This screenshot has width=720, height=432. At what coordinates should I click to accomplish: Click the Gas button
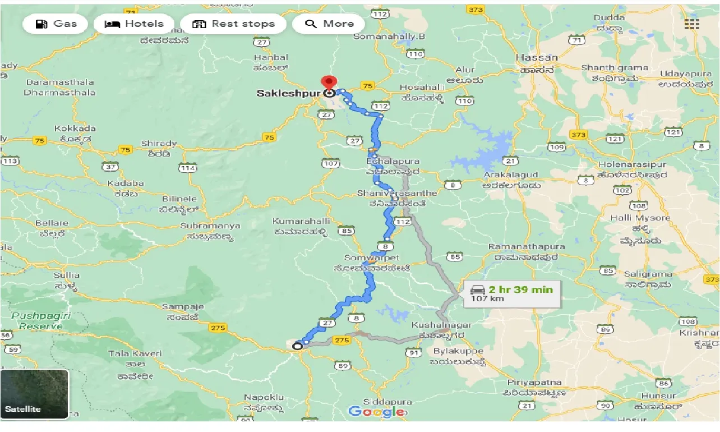click(x=56, y=24)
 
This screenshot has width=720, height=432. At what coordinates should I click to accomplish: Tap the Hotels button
click(x=134, y=24)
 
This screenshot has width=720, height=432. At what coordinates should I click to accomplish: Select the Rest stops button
click(x=233, y=24)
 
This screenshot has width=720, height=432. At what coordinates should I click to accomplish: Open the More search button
click(x=329, y=24)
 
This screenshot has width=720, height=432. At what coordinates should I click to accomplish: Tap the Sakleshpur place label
click(x=288, y=94)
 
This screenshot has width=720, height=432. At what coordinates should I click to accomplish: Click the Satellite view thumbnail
click(x=35, y=394)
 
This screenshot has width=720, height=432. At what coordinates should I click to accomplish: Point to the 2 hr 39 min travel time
click(x=520, y=289)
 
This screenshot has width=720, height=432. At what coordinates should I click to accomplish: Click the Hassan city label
click(x=537, y=58)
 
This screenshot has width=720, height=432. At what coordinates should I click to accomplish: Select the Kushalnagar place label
click(x=441, y=325)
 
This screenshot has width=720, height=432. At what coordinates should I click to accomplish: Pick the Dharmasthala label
click(x=61, y=93)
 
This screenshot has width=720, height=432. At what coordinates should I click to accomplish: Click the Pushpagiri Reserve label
click(x=41, y=321)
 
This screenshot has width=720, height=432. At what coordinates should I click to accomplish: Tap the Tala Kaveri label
click(x=135, y=353)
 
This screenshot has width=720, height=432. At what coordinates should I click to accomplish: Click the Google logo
click(x=377, y=412)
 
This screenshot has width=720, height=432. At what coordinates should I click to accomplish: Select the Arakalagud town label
click(x=512, y=175)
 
